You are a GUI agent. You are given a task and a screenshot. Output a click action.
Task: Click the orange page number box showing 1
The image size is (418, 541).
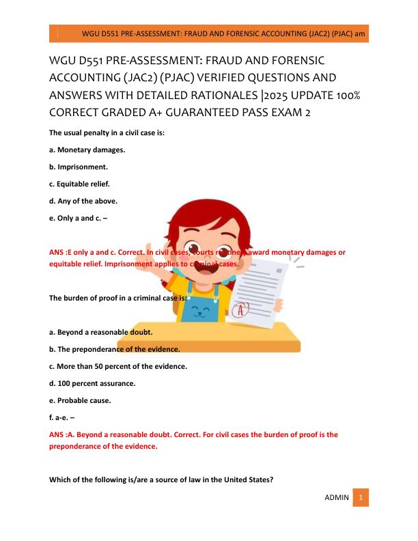361,498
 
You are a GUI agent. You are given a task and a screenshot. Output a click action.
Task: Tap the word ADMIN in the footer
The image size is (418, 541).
336,498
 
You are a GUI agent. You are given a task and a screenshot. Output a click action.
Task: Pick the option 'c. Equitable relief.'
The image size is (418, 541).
79,184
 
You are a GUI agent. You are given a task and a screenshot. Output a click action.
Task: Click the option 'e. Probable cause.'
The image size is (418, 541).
80,400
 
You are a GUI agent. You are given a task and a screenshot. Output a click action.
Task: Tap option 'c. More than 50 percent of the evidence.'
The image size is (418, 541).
118,366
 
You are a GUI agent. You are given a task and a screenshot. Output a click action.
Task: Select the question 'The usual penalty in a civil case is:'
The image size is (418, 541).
107,133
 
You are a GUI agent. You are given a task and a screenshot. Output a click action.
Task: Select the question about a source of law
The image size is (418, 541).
161,479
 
